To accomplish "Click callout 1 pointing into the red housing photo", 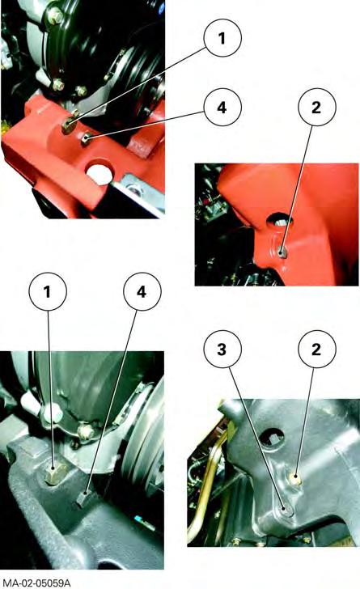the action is point(222,38).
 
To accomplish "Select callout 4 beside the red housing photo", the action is point(222,108).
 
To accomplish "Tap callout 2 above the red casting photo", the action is point(316,108).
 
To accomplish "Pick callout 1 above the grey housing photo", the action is point(48,291).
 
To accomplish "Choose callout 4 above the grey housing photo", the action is point(142,291).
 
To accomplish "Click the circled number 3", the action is point(222,350).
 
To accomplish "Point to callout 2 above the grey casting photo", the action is point(316,350).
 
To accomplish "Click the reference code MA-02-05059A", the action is point(35,583).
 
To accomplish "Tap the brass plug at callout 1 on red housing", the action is point(70,125).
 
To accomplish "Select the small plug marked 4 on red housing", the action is point(86,140).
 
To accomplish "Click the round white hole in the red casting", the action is point(100,173).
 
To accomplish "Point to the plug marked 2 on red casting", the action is point(282,253).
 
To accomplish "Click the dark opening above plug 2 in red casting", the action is point(280,221).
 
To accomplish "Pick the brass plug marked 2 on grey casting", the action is point(296,479).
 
